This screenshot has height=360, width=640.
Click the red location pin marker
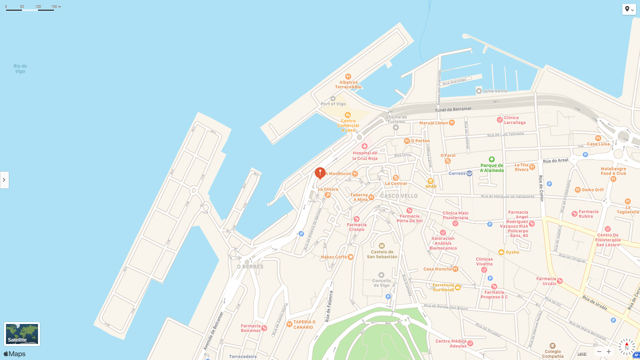pyautogui.click(x=320, y=172)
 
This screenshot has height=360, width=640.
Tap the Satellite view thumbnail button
pyautogui.click(x=22, y=334)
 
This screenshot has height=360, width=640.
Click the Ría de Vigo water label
pyautogui.click(x=20, y=69)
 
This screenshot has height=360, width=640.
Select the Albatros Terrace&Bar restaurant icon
pyautogui.click(x=348, y=76)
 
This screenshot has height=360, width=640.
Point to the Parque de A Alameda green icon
pyautogui.click(x=492, y=159)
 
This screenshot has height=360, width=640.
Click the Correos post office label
pyautogui.click(x=457, y=174)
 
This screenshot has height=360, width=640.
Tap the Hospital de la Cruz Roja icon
pyautogui.click(x=364, y=146)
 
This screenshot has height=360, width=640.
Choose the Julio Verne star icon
pyautogui.click(x=479, y=91)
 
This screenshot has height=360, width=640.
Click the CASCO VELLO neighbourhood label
pyautogui.click(x=399, y=196)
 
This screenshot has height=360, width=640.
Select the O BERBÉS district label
pyautogui.click(x=250, y=267)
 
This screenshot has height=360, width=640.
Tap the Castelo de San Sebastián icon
pyautogui.click(x=382, y=246)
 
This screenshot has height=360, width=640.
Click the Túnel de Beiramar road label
pyautogui.click(x=453, y=109)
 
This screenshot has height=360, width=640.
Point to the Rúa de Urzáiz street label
pyautogui.click(x=595, y=303)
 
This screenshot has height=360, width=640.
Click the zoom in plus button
pyautogui.click(x=609, y=352)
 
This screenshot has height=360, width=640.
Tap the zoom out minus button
pyautogui.click(x=599, y=352)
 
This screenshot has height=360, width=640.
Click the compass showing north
pyautogui.click(x=626, y=347)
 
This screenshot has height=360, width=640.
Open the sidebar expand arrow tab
pyautogui.click(x=4, y=180)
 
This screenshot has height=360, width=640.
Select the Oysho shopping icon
pyautogui.click(x=501, y=252)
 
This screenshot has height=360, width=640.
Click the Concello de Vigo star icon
pyautogui.click(x=381, y=275)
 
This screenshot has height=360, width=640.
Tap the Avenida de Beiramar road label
pyautogui.click(x=213, y=331)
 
